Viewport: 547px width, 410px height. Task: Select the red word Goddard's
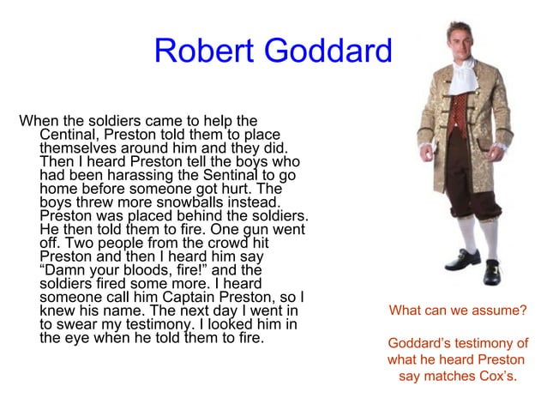coord(424,345)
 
